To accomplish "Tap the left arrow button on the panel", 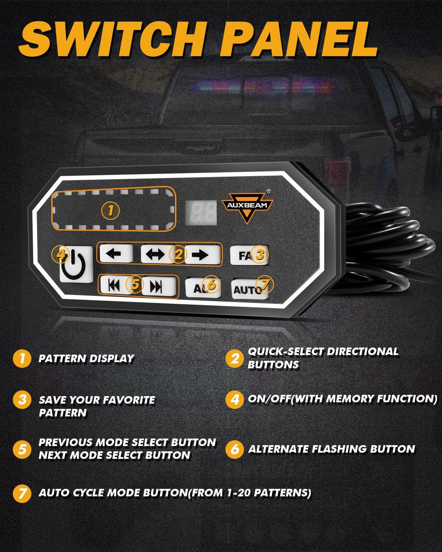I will tap(116, 254).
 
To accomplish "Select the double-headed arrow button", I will tap(155, 254).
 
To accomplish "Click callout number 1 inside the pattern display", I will tap(110, 211).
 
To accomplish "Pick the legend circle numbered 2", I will tap(234, 358).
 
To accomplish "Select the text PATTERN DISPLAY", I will tap(86, 359).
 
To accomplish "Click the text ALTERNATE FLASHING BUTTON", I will tap(331, 450).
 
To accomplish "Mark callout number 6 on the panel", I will tap(212, 284).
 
